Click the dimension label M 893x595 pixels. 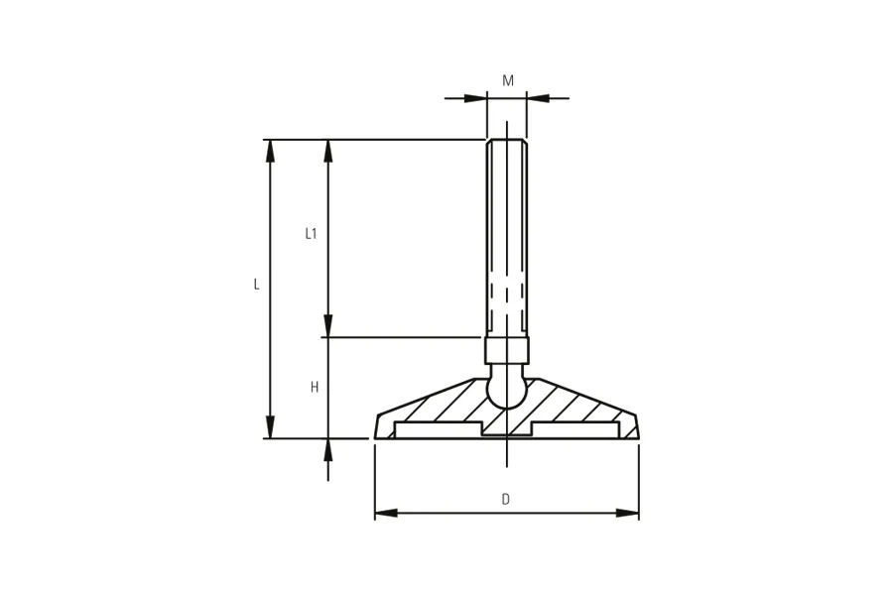[508, 81]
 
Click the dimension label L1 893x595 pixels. [311, 233]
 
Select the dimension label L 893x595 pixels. [257, 285]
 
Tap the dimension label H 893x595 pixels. [315, 387]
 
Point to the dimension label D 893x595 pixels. [506, 500]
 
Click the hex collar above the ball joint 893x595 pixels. [507, 351]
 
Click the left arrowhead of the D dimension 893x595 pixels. [386, 513]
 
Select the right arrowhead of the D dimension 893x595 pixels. [628, 513]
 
